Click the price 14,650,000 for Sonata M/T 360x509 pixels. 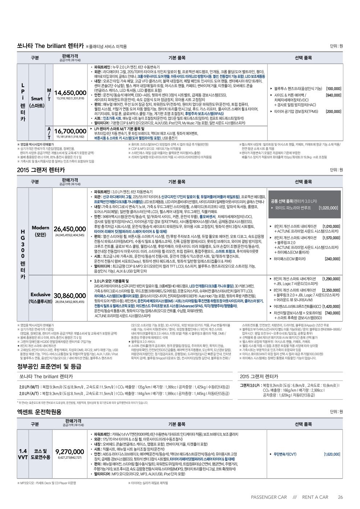click(x=70, y=93)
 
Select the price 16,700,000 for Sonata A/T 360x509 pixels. click(x=70, y=131)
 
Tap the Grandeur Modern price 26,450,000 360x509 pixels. click(x=69, y=229)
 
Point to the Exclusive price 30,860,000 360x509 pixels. click(x=69, y=296)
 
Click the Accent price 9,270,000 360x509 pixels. click(x=69, y=452)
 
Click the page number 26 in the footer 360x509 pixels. click(x=340, y=497)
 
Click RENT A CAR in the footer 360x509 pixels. click(x=315, y=497)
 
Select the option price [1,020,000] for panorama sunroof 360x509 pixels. click(x=328, y=208)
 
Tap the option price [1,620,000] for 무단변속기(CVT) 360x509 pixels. click(x=332, y=454)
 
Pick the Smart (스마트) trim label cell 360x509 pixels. click(x=37, y=102)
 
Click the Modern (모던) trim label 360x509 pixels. click(x=40, y=231)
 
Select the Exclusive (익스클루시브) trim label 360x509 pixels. click(x=40, y=298)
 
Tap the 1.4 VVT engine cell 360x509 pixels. click(x=24, y=454)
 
